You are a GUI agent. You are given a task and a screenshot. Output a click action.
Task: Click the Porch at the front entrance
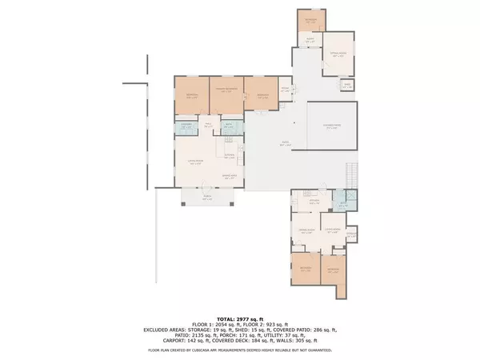[207, 198]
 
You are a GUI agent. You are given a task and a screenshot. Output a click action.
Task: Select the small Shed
[347, 86]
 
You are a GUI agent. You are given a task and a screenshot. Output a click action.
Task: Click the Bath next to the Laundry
[228, 126]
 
